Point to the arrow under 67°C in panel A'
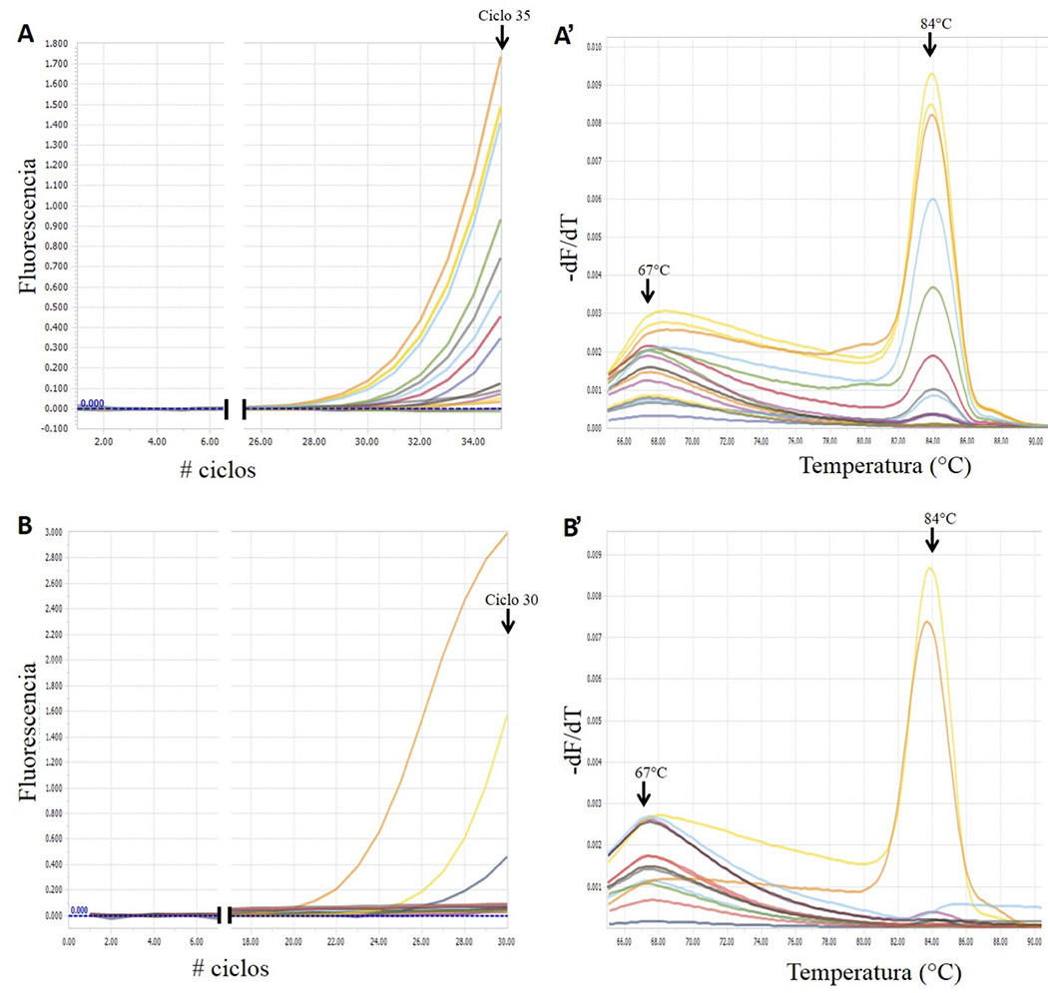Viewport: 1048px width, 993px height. [x=648, y=291]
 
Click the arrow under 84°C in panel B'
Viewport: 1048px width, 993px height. [x=932, y=540]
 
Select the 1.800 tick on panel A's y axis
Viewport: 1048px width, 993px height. [x=56, y=44]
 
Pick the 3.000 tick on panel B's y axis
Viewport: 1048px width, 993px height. [x=56, y=533]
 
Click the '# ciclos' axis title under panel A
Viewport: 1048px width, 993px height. [x=220, y=470]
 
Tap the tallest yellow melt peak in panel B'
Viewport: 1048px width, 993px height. [x=929, y=569]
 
